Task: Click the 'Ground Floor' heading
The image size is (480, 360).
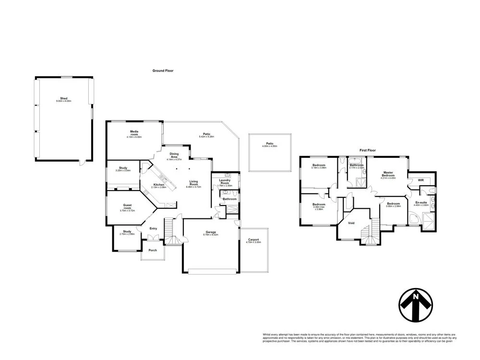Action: click(163, 71)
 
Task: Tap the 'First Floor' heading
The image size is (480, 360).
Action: click(367, 150)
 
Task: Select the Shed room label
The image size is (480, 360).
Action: click(63, 98)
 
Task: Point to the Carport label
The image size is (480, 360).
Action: click(253, 240)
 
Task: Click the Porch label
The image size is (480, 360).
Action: click(153, 250)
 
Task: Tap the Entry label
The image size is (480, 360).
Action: click(153, 228)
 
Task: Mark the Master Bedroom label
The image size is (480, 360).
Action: click(388, 174)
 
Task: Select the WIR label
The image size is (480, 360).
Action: click(421, 180)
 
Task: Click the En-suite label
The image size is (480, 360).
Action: click(421, 203)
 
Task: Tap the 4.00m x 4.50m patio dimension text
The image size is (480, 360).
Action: click(270, 146)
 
